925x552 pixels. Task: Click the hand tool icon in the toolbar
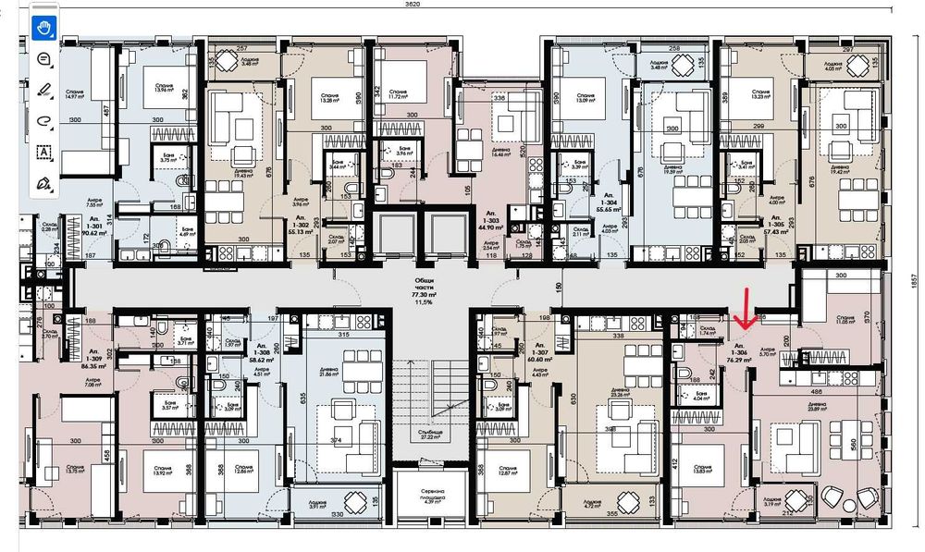pyautogui.click(x=43, y=27)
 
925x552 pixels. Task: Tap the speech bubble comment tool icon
pyautogui.click(x=43, y=58)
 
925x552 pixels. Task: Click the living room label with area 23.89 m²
pyautogui.click(x=817, y=408)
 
